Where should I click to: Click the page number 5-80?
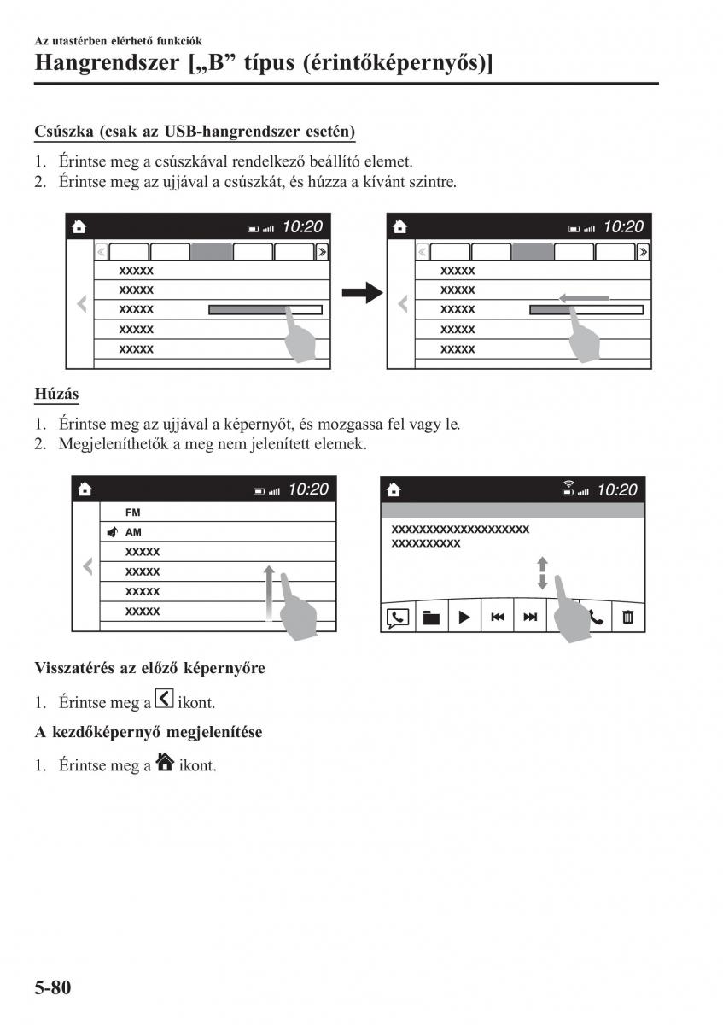pyautogui.click(x=53, y=988)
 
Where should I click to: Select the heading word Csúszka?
pyautogui.click(x=64, y=132)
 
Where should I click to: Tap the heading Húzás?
pyautogui.click(x=57, y=394)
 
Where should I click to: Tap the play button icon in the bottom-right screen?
pyautogui.click(x=464, y=617)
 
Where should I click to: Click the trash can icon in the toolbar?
pyautogui.click(x=628, y=617)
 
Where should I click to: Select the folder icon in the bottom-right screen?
pyautogui.click(x=431, y=617)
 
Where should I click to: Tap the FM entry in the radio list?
pyautogui.click(x=133, y=512)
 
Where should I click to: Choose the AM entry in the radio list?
pyautogui.click(x=133, y=532)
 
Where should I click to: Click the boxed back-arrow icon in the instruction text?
pyautogui.click(x=166, y=700)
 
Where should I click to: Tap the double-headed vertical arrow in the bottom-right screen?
pyautogui.click(x=542, y=573)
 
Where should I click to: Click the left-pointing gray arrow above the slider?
pyautogui.click(x=585, y=298)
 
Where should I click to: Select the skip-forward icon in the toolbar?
pyautogui.click(x=530, y=617)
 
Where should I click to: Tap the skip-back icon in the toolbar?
pyautogui.click(x=497, y=617)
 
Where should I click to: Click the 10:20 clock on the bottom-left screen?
pyautogui.click(x=308, y=489)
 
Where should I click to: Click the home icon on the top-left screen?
pyautogui.click(x=79, y=226)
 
